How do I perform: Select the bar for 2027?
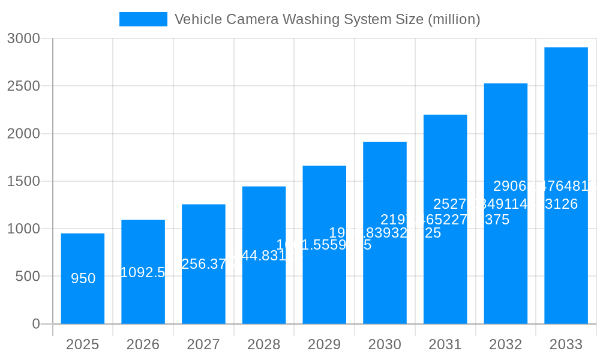click(x=203, y=294)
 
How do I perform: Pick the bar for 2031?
click(x=445, y=270)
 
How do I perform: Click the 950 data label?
click(x=83, y=278)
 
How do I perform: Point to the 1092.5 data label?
click(x=143, y=272)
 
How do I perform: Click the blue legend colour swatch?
click(x=143, y=19)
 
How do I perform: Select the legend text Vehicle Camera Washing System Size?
click(x=327, y=19)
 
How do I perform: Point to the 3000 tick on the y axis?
click(x=23, y=38)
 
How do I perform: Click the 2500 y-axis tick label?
click(x=23, y=86)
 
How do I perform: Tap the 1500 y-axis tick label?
click(x=23, y=181)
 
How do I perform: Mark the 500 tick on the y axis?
click(x=28, y=277)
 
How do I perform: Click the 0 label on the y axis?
click(x=35, y=324)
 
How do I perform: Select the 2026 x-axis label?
click(x=143, y=344)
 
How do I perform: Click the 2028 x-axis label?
click(x=264, y=344)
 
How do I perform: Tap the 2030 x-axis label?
click(x=385, y=344)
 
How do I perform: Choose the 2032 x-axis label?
click(x=505, y=344)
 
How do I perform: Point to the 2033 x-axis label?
click(x=566, y=344)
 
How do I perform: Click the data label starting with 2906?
click(x=545, y=186)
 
